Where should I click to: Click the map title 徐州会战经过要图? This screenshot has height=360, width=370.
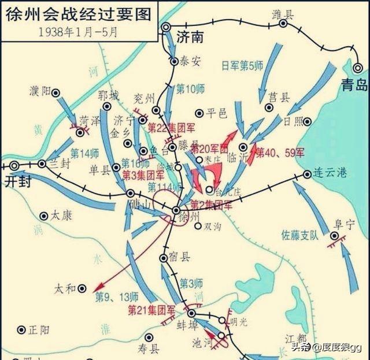79,14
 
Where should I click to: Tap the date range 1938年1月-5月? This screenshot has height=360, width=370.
78,32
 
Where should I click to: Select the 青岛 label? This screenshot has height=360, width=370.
354,86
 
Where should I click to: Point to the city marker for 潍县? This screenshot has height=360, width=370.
283,24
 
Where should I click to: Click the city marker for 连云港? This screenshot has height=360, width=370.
307,174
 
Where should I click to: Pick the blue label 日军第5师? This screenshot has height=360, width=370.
243,65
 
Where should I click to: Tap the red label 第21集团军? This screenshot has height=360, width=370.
151,310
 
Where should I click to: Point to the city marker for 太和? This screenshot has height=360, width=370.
83,288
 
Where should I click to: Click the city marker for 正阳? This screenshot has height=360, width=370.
21,329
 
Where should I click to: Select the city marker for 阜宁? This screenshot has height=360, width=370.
334,236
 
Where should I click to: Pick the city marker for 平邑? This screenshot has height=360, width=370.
199,113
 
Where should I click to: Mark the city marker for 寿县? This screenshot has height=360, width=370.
149,337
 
